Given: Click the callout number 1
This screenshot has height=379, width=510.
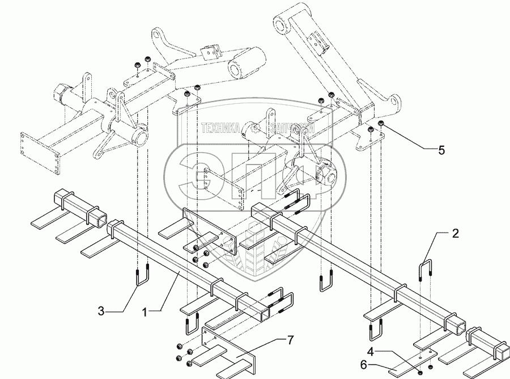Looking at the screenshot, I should coord(147,311).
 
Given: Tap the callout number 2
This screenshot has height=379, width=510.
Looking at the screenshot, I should coord(455,233).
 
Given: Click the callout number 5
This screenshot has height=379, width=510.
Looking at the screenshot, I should coord(441,150).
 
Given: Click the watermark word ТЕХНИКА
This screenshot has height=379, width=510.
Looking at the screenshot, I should coord(220,129).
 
